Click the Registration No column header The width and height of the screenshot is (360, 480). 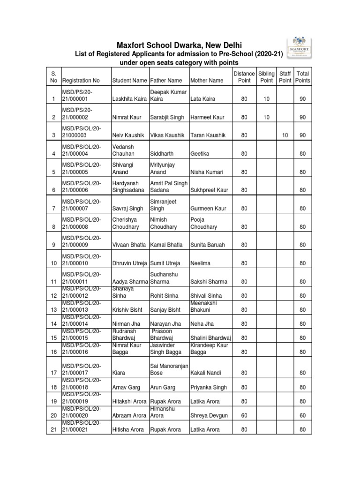tap(81, 81)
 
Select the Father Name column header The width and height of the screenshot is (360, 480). tap(166, 81)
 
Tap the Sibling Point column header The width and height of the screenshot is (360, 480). tap(266, 77)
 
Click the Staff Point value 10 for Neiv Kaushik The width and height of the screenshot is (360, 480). tap(285, 135)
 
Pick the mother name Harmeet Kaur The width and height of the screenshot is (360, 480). tap(207, 117)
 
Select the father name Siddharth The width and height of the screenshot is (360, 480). tap(162, 153)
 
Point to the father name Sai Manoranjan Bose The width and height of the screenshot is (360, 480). tap(167, 369)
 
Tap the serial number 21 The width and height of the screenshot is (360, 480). tap(54, 430)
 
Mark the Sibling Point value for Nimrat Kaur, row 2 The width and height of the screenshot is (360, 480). tap(266, 117)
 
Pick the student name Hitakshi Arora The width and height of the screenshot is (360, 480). tap(129, 402)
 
